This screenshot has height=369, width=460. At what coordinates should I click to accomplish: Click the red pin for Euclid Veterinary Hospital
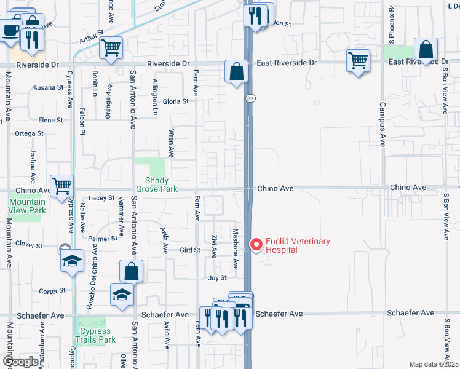click(256, 245)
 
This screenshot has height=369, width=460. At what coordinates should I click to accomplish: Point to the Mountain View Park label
click(28, 206)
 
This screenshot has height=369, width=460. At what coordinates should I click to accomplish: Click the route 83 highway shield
click(250, 99)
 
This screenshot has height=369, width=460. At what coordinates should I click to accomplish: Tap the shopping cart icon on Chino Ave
click(61, 185)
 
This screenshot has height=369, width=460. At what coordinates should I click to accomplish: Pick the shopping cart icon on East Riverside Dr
click(358, 61)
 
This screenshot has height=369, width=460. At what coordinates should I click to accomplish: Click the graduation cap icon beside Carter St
click(122, 295)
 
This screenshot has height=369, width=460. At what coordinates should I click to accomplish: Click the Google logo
click(20, 362)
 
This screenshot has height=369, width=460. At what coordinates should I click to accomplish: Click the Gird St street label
click(190, 250)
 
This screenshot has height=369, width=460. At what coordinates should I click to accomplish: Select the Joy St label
click(217, 278)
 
